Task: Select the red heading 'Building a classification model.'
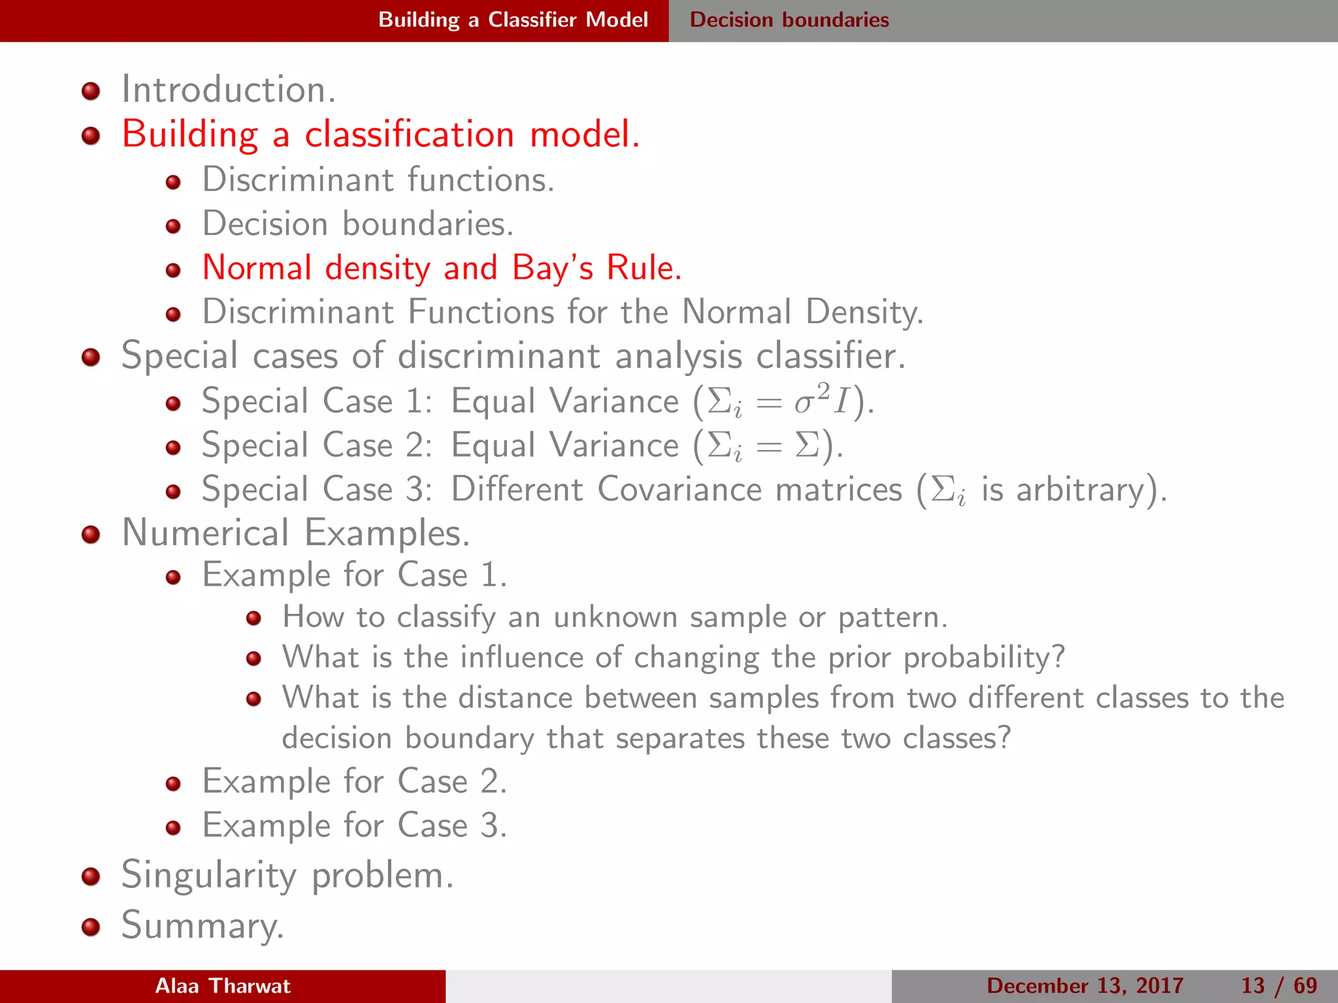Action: pos(380,135)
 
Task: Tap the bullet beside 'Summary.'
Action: pos(91,927)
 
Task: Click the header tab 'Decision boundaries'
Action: pos(789,20)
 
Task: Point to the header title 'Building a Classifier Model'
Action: pos(513,20)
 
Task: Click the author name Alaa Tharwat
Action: pos(223,985)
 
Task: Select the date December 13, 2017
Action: pos(1085,985)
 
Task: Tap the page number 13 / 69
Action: pos(1279,985)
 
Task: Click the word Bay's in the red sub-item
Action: pos(552,268)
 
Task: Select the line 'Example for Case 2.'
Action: pos(354,781)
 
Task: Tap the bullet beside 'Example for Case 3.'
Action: pos(173,828)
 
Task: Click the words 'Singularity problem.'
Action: pos(287,876)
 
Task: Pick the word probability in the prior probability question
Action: pos(983,657)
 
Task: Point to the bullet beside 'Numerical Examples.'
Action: pos(91,535)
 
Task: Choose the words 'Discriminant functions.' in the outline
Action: pos(378,180)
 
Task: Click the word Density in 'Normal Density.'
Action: pos(864,312)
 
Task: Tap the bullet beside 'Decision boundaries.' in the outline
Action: pos(173,226)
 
